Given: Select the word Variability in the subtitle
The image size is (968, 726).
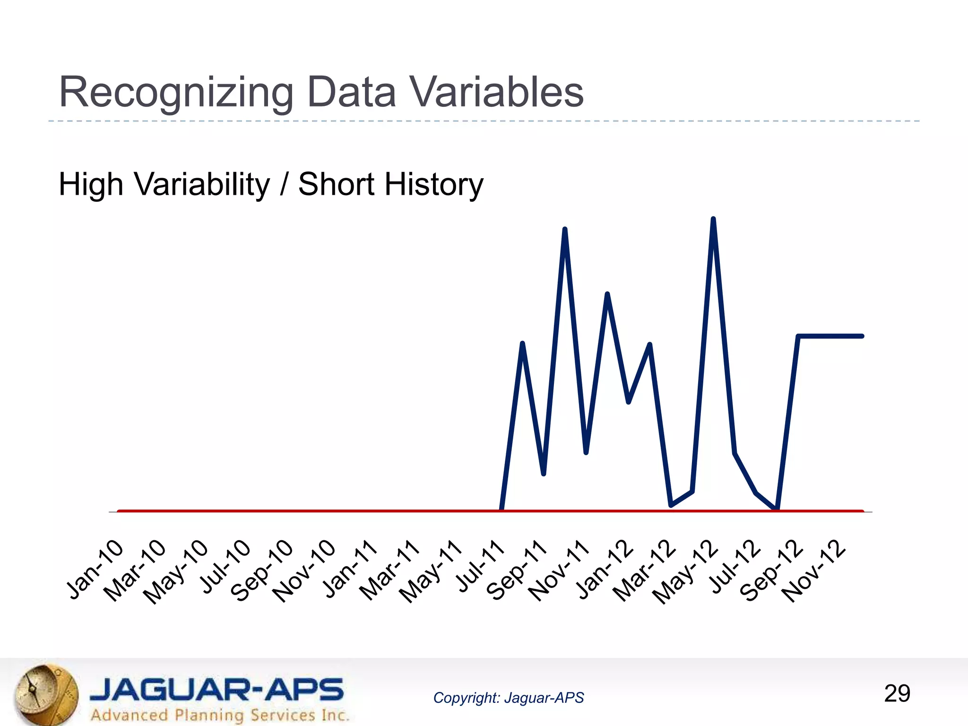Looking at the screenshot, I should (202, 184).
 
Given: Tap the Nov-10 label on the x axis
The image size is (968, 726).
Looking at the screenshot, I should (304, 570).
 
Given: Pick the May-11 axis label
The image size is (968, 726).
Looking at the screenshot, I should (431, 571).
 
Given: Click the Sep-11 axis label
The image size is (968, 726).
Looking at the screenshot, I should (517, 570).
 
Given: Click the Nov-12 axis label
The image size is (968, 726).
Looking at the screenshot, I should (813, 570).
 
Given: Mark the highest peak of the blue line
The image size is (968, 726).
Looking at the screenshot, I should (713, 220).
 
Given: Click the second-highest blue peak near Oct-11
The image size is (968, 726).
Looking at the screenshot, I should (565, 230).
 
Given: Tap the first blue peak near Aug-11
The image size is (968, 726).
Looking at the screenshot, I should (522, 344).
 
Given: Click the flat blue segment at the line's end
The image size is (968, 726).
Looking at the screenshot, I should (830, 336).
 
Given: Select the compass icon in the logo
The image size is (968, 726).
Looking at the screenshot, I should (45, 693).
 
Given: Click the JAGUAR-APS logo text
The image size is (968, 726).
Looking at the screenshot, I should (216, 690).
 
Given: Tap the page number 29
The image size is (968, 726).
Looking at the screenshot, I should (897, 693).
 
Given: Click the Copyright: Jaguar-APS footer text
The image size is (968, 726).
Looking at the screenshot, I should (509, 698).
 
